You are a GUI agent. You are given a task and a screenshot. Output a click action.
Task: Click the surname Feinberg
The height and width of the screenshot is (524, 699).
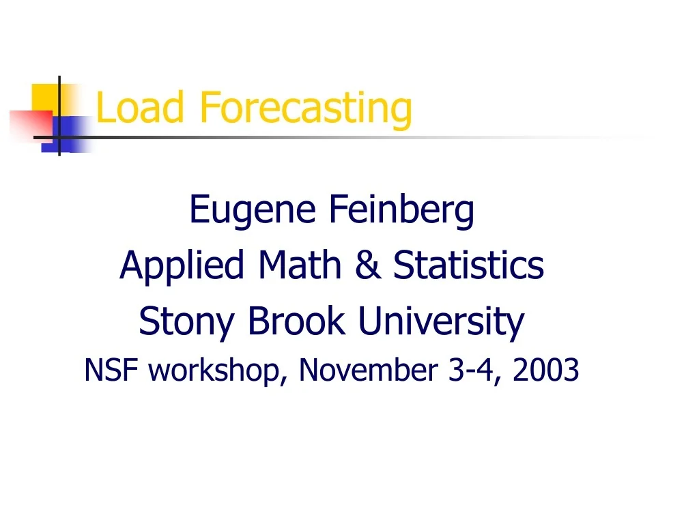[x=401, y=210]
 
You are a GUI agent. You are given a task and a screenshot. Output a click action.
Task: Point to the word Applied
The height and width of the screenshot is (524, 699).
[x=182, y=266]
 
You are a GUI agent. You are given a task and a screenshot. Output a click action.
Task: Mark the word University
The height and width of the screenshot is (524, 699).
[x=441, y=322]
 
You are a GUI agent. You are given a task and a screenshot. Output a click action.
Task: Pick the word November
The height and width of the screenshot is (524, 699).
[x=369, y=370]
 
